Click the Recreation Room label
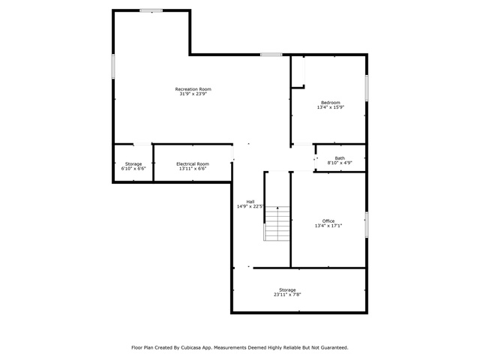[193, 89]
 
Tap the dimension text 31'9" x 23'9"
[193, 94]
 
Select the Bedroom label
[331, 103]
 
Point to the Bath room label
[340, 158]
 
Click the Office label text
[328, 221]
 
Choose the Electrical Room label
[193, 163]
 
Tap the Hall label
[250, 202]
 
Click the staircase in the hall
[277, 223]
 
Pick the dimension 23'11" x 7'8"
[287, 295]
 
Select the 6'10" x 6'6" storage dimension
[133, 169]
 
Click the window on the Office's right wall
[367, 224]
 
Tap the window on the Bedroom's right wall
[367, 88]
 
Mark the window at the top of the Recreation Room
[151, 10]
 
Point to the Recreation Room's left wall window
[113, 66]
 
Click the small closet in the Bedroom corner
[298, 72]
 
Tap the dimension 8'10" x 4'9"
[340, 163]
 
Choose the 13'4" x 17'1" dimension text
[328, 226]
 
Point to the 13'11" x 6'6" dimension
[193, 169]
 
